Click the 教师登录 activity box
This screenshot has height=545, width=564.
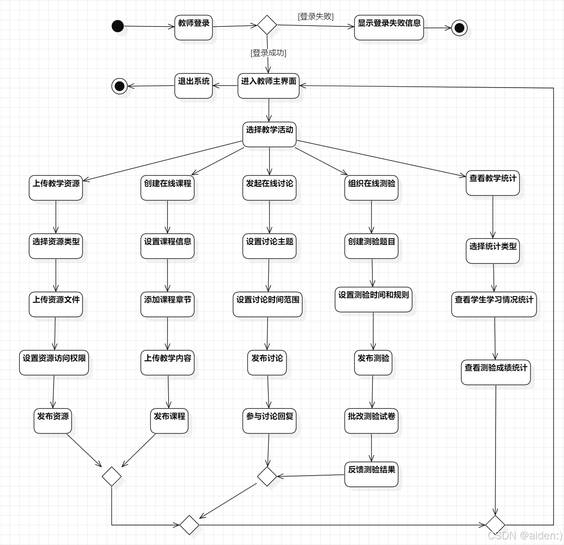[193, 28]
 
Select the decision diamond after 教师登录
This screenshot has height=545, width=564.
[267, 25]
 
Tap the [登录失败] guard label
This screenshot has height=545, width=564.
[316, 16]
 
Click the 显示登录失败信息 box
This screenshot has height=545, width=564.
[389, 28]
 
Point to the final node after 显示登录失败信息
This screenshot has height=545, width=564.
[459, 28]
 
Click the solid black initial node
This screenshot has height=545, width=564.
[118, 26]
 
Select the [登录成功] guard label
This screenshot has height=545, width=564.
[268, 53]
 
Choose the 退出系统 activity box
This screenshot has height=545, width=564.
[193, 86]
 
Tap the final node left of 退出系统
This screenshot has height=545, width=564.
[119, 86]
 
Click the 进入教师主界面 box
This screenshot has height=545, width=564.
[268, 86]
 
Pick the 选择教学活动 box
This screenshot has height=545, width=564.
[269, 134]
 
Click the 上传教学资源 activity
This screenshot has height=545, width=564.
[56, 188]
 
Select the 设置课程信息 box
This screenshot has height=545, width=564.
[167, 246]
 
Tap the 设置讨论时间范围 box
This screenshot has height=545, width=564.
[267, 304]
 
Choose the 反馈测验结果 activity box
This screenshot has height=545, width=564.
[372, 474]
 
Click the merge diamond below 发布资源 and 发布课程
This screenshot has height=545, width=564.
[111, 476]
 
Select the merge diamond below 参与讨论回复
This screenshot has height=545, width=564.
[267, 476]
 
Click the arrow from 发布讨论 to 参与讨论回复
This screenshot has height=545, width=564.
[268, 392]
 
